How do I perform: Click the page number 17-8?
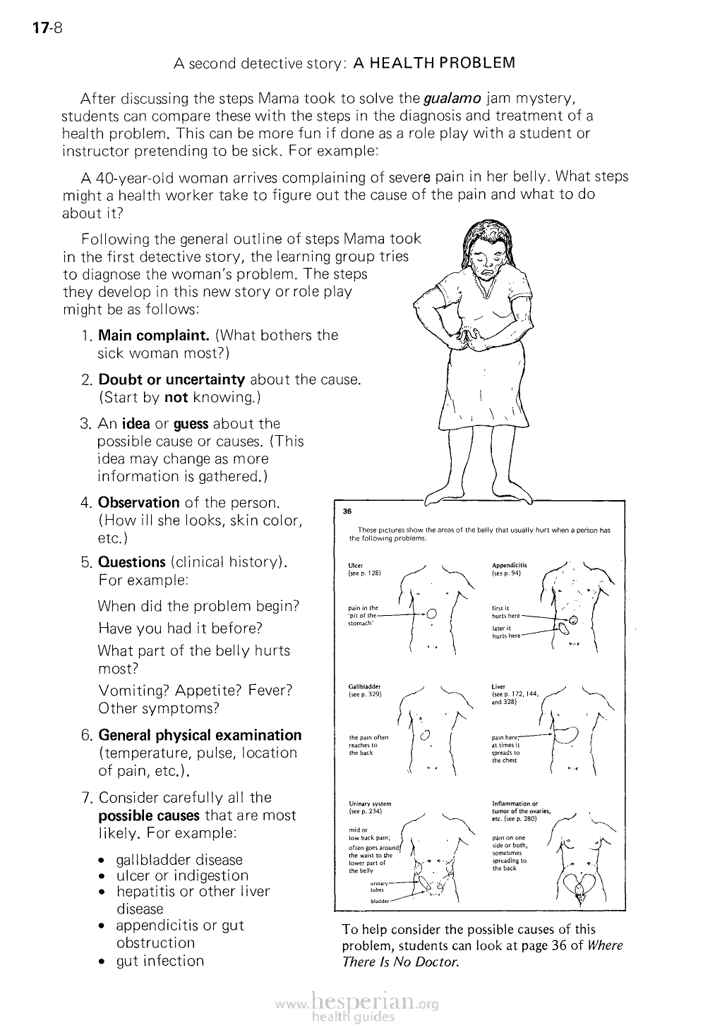pos(47,29)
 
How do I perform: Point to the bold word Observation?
pos(139,502)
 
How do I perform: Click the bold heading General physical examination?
pos(200,735)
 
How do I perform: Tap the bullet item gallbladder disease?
pos(179,860)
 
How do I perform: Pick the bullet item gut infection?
pos(160,961)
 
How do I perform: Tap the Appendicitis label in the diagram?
pos(509,565)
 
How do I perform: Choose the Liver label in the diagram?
pos(499,686)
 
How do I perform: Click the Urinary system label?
pos(371,803)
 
